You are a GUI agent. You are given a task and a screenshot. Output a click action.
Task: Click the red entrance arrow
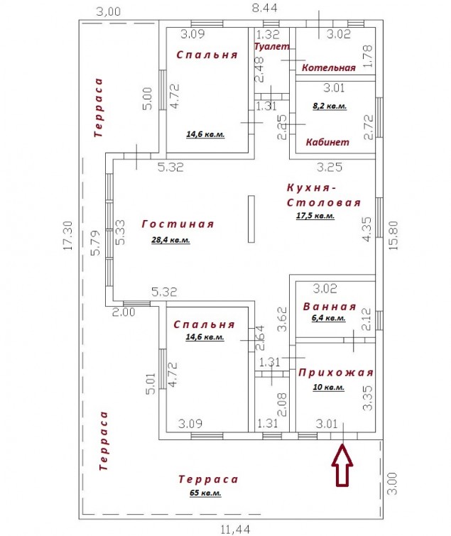pyautogui.click(x=342, y=465)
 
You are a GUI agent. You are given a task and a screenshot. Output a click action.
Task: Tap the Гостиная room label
pyautogui.click(x=178, y=224)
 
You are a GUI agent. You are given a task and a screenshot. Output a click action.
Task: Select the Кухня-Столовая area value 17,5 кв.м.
pyautogui.click(x=315, y=216)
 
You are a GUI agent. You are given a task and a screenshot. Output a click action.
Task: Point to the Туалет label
pyautogui.click(x=272, y=46)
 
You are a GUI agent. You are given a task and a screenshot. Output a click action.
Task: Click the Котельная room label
pyautogui.click(x=329, y=67)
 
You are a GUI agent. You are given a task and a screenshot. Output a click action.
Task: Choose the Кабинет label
pyautogui.click(x=327, y=142)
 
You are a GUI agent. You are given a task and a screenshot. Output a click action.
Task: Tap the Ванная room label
pyautogui.click(x=330, y=306)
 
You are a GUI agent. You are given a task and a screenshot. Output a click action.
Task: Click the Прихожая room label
pyautogui.click(x=336, y=372)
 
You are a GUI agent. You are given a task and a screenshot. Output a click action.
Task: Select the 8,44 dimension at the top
pyautogui.click(x=264, y=8)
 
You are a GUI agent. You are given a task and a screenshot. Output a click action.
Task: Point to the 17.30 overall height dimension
pyautogui.click(x=68, y=235)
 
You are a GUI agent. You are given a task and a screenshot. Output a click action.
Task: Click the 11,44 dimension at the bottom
pyautogui.click(x=235, y=530)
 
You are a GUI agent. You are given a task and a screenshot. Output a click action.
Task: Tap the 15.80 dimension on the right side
pyautogui.click(x=393, y=235)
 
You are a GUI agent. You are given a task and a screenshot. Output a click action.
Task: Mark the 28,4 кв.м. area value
pyautogui.click(x=170, y=240)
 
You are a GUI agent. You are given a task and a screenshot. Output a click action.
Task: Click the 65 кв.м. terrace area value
pyautogui.click(x=205, y=493)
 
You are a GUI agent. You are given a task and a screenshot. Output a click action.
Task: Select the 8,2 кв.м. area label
pyautogui.click(x=330, y=106)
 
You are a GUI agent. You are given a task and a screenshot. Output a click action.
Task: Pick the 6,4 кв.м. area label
pyautogui.click(x=328, y=318)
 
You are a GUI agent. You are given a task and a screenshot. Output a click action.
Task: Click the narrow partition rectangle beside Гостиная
pyautogui.click(x=251, y=219)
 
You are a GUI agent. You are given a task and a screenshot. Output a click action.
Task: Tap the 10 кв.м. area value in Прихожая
pyautogui.click(x=328, y=388)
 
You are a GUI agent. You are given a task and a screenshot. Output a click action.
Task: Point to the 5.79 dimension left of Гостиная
pyautogui.click(x=95, y=243)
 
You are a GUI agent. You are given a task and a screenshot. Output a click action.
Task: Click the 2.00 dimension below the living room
pyautogui.click(x=124, y=312)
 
